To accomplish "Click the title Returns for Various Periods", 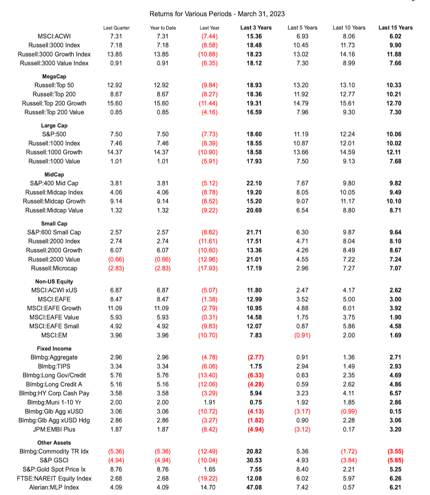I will pyautogui.click(x=217, y=14).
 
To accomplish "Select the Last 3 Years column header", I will pyautogui.click(x=256, y=28).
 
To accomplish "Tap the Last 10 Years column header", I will pyautogui.click(x=349, y=28).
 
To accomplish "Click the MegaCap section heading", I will pyautogui.click(x=54, y=76).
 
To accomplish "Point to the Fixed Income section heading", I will pyautogui.click(x=54, y=348).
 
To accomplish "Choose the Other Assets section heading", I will pyautogui.click(x=54, y=443).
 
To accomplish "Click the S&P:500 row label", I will pyautogui.click(x=54, y=134).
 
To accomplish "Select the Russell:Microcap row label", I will pyautogui.click(x=54, y=268).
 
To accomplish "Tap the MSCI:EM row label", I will pyautogui.click(x=54, y=335).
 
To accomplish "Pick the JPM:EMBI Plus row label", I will pyautogui.click(x=54, y=429).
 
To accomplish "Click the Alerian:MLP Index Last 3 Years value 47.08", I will pyautogui.click(x=254, y=487).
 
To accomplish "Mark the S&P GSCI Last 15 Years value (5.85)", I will pyautogui.click(x=395, y=460).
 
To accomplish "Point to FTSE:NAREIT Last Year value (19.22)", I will pyautogui.click(x=208, y=478).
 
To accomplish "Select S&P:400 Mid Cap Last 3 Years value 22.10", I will pyautogui.click(x=254, y=183).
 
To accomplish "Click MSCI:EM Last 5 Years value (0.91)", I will pyautogui.click(x=302, y=335).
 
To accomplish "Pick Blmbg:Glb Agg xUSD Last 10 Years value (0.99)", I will pyautogui.click(x=349, y=411).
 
